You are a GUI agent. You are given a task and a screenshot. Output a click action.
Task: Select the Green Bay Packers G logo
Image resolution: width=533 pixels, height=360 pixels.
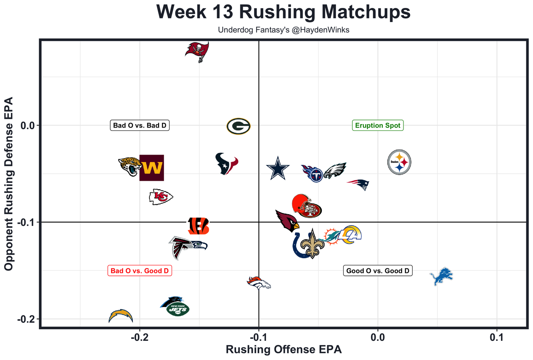(239, 126)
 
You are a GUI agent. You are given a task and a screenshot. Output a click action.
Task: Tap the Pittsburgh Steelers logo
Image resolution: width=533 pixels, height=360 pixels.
(399, 162)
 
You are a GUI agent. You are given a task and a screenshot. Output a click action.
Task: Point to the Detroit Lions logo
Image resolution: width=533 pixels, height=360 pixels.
(441, 276)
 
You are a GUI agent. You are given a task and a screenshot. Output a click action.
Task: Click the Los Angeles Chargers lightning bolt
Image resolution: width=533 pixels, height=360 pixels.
(121, 316)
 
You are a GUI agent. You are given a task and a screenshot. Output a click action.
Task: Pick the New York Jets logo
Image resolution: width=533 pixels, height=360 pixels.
(178, 309)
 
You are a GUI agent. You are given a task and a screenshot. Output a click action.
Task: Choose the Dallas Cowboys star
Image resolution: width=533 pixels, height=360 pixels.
(277, 167)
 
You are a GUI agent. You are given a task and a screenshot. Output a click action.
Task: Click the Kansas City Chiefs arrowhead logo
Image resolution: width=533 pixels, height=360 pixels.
(161, 197)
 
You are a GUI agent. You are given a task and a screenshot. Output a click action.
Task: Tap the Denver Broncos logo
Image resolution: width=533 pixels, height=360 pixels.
(259, 283)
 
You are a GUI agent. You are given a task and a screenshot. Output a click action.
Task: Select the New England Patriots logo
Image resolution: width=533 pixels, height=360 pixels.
(359, 184)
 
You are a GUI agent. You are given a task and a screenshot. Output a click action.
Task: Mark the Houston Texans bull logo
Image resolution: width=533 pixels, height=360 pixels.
(227, 163)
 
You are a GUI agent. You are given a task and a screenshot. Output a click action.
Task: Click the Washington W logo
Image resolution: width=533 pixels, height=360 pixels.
(152, 168)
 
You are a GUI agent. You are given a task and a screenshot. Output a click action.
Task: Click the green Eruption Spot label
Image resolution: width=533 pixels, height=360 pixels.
(378, 125)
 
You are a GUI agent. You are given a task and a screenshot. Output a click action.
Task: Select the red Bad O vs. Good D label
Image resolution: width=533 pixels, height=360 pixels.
(140, 271)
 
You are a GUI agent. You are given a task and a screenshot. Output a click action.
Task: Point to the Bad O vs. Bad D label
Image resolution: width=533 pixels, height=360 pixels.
(140, 125)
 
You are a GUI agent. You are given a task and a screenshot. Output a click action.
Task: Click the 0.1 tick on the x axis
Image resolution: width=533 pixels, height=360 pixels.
(497, 336)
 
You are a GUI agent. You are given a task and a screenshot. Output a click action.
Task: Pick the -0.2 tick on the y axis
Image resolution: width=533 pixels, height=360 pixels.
(26, 319)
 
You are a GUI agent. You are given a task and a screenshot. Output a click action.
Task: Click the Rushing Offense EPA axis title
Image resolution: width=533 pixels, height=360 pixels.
(284, 349)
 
